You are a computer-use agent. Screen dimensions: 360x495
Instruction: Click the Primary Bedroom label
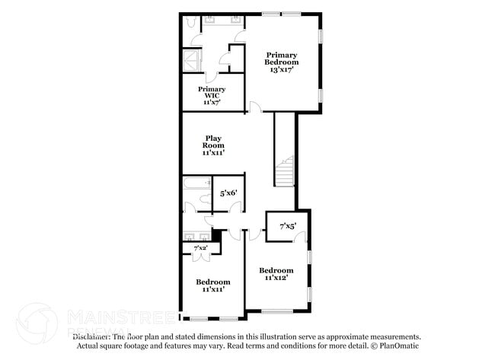(x=282, y=58)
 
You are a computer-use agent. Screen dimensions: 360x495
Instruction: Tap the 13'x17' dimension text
(x=282, y=69)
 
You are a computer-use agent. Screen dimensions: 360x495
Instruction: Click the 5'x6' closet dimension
(x=228, y=193)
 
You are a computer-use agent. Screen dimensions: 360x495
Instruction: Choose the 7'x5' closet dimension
(x=287, y=226)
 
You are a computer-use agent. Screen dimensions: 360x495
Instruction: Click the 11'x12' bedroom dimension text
(x=276, y=279)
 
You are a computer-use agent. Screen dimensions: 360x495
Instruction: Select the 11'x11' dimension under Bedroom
(x=212, y=290)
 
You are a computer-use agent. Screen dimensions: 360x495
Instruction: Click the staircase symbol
(x=284, y=171)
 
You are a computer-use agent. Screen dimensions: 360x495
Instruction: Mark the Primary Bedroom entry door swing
(x=255, y=107)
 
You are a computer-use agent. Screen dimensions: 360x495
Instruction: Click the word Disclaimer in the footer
(x=91, y=336)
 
